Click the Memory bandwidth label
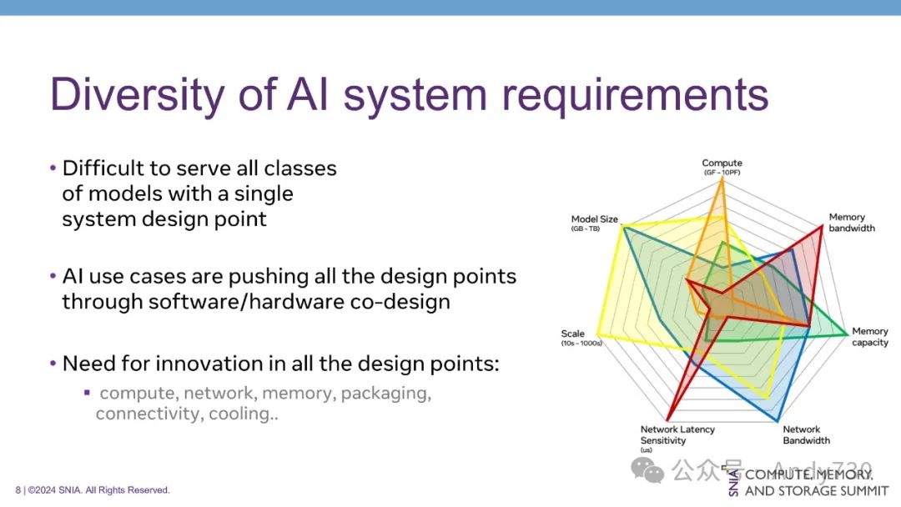tap(851, 223)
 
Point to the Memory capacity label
tap(869, 337)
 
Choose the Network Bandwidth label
tap(806, 434)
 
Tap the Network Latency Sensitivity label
tap(677, 435)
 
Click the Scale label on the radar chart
tap(573, 334)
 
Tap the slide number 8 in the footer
tap(18, 490)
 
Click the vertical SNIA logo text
tap(733, 482)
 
